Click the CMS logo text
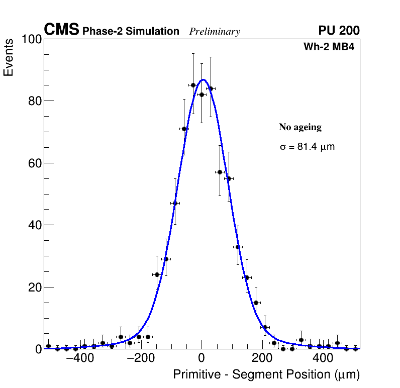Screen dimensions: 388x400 [x=61, y=30]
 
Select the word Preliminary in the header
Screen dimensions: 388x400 [x=215, y=32]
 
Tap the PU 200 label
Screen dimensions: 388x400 [x=339, y=31]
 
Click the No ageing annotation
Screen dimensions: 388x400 [x=300, y=128]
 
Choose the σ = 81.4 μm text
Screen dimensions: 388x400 [x=307, y=147]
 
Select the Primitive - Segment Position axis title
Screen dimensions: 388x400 [x=266, y=375]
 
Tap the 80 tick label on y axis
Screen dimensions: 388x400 [x=33, y=101]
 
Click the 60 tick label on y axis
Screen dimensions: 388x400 [x=33, y=163]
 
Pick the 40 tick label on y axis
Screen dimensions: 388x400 [x=33, y=225]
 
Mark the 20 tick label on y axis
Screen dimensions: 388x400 [x=33, y=287]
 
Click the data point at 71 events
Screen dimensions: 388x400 [x=184, y=129]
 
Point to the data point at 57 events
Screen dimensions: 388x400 [x=220, y=172]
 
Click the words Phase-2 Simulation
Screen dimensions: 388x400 [x=131, y=32]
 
